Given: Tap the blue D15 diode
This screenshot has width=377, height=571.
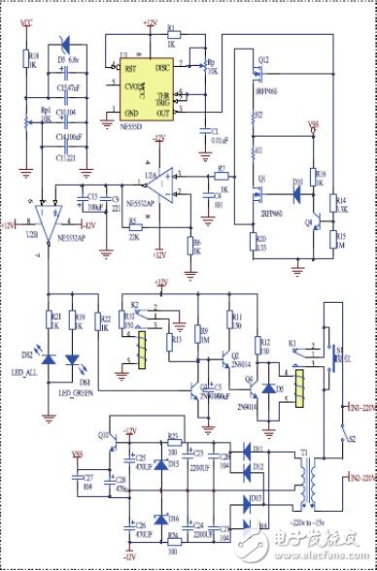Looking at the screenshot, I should click(x=145, y=464).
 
